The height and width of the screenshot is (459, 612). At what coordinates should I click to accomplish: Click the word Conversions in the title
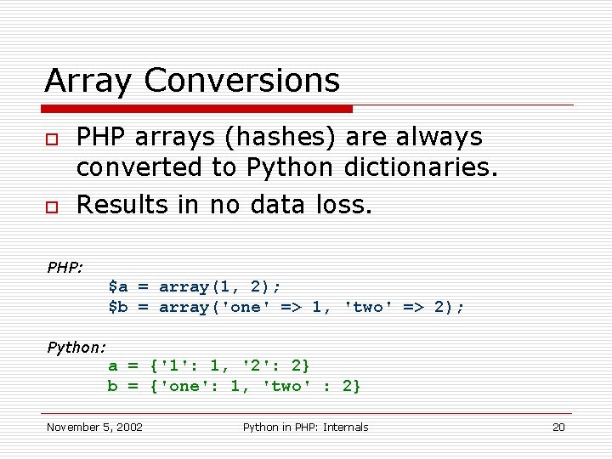pyautogui.click(x=242, y=82)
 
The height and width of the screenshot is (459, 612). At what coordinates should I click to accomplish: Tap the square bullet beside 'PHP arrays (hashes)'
pyautogui.click(x=52, y=139)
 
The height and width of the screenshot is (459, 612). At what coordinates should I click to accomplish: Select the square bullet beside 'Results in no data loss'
pyautogui.click(x=52, y=207)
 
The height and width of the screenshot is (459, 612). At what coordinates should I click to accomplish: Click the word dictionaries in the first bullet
pyautogui.click(x=420, y=167)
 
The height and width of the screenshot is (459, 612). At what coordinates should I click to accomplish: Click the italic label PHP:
pyautogui.click(x=65, y=268)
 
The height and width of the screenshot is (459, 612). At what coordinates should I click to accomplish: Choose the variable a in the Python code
pyautogui.click(x=112, y=366)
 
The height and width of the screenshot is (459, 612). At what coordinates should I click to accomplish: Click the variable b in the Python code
pyautogui.click(x=112, y=387)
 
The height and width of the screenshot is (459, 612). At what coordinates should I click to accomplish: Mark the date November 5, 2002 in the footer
pyautogui.click(x=94, y=427)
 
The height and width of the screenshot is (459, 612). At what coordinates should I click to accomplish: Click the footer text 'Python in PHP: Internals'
pyautogui.click(x=305, y=427)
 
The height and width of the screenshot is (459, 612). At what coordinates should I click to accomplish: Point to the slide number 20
pyautogui.click(x=558, y=427)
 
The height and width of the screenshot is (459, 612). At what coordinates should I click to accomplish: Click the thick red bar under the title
pyautogui.click(x=197, y=109)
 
